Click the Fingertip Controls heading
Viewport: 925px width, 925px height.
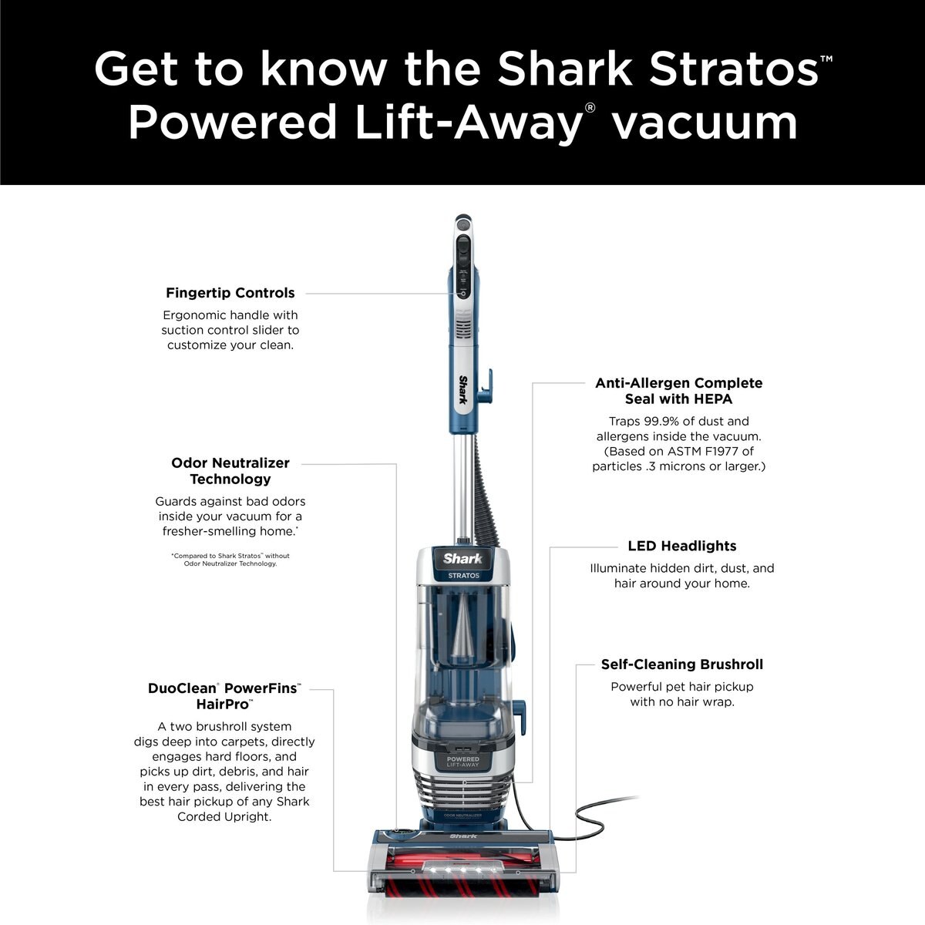pyautogui.click(x=230, y=293)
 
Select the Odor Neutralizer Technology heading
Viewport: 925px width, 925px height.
pyautogui.click(x=230, y=471)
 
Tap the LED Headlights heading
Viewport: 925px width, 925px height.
pyautogui.click(x=681, y=546)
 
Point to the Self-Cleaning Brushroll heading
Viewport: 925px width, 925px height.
pyautogui.click(x=681, y=664)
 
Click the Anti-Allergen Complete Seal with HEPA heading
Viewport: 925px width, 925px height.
pyautogui.click(x=678, y=391)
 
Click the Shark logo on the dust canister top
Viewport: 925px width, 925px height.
pyautogui.click(x=462, y=559)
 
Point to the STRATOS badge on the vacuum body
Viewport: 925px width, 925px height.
pyautogui.click(x=463, y=576)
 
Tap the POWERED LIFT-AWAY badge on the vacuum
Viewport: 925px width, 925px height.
pyautogui.click(x=463, y=761)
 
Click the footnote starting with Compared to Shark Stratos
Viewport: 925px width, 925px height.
pyautogui.click(x=230, y=560)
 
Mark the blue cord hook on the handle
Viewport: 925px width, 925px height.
pyautogui.click(x=485, y=387)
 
